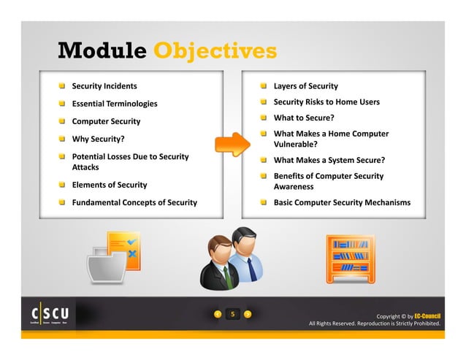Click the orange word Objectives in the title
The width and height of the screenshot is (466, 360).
pos(215,51)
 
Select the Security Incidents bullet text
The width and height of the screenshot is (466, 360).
pos(104,86)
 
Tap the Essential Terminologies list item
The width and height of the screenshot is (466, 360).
pos(114,104)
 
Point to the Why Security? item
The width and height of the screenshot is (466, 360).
pos(97,138)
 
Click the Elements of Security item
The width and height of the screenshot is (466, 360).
pos(109,185)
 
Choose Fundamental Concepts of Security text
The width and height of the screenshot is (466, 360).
pos(134,202)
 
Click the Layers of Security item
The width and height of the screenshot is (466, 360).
pos(305,86)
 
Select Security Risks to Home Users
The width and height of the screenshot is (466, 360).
pos(326,102)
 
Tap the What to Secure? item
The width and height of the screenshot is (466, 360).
pos(304,118)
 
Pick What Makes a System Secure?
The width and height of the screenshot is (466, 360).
pos(329,160)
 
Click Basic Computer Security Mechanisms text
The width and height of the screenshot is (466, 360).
pos(342,202)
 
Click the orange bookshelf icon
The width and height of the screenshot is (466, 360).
pos(351,258)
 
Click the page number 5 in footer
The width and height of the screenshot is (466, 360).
pos(232,315)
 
